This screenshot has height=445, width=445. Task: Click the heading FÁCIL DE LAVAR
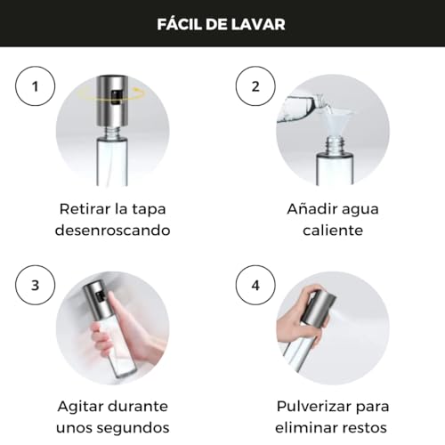click(x=221, y=24)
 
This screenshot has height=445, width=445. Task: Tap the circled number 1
click(x=35, y=86)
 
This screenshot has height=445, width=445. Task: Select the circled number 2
click(x=255, y=86)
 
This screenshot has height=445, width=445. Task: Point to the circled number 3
click(x=35, y=285)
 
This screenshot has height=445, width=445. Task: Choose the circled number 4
click(x=255, y=285)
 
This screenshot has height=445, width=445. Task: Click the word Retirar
click(x=85, y=209)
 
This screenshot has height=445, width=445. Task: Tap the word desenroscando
click(x=113, y=231)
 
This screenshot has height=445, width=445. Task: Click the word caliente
click(x=333, y=231)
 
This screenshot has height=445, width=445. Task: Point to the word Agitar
click(x=80, y=407)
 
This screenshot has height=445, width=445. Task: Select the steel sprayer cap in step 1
click(x=113, y=101)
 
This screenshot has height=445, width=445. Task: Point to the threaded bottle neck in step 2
click(x=335, y=144)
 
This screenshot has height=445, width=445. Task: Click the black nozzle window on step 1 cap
click(x=116, y=97)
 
